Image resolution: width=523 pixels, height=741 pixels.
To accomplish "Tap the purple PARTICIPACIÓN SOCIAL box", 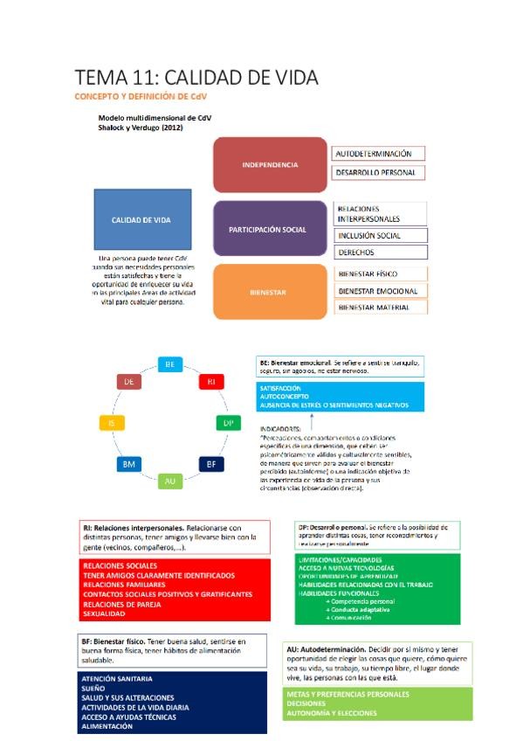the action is pyautogui.click(x=267, y=229).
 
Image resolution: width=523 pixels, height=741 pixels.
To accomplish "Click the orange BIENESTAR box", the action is pyautogui.click(x=269, y=292).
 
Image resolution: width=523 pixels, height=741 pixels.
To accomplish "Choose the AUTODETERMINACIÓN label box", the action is pyautogui.click(x=379, y=154).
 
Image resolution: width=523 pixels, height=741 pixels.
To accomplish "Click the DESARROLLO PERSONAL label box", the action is pyautogui.click(x=379, y=173).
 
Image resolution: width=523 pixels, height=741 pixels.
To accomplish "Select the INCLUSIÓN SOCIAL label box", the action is pyautogui.click(x=381, y=235).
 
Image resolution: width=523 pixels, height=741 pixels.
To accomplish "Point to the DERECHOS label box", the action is pyautogui.click(x=381, y=253).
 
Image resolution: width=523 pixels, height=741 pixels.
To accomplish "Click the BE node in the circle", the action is pyautogui.click(x=170, y=364).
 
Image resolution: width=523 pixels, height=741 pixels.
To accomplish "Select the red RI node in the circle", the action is pyautogui.click(x=210, y=382).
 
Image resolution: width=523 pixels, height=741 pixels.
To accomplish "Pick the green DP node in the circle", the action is pyautogui.click(x=227, y=423).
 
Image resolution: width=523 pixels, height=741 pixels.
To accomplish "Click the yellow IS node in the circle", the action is pyautogui.click(x=112, y=423).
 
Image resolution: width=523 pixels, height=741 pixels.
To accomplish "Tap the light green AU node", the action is pyautogui.click(x=170, y=480).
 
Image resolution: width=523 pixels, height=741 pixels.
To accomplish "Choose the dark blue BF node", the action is pyautogui.click(x=210, y=464).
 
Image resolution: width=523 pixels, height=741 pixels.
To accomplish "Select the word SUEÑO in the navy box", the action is pyautogui.click(x=93, y=689).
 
